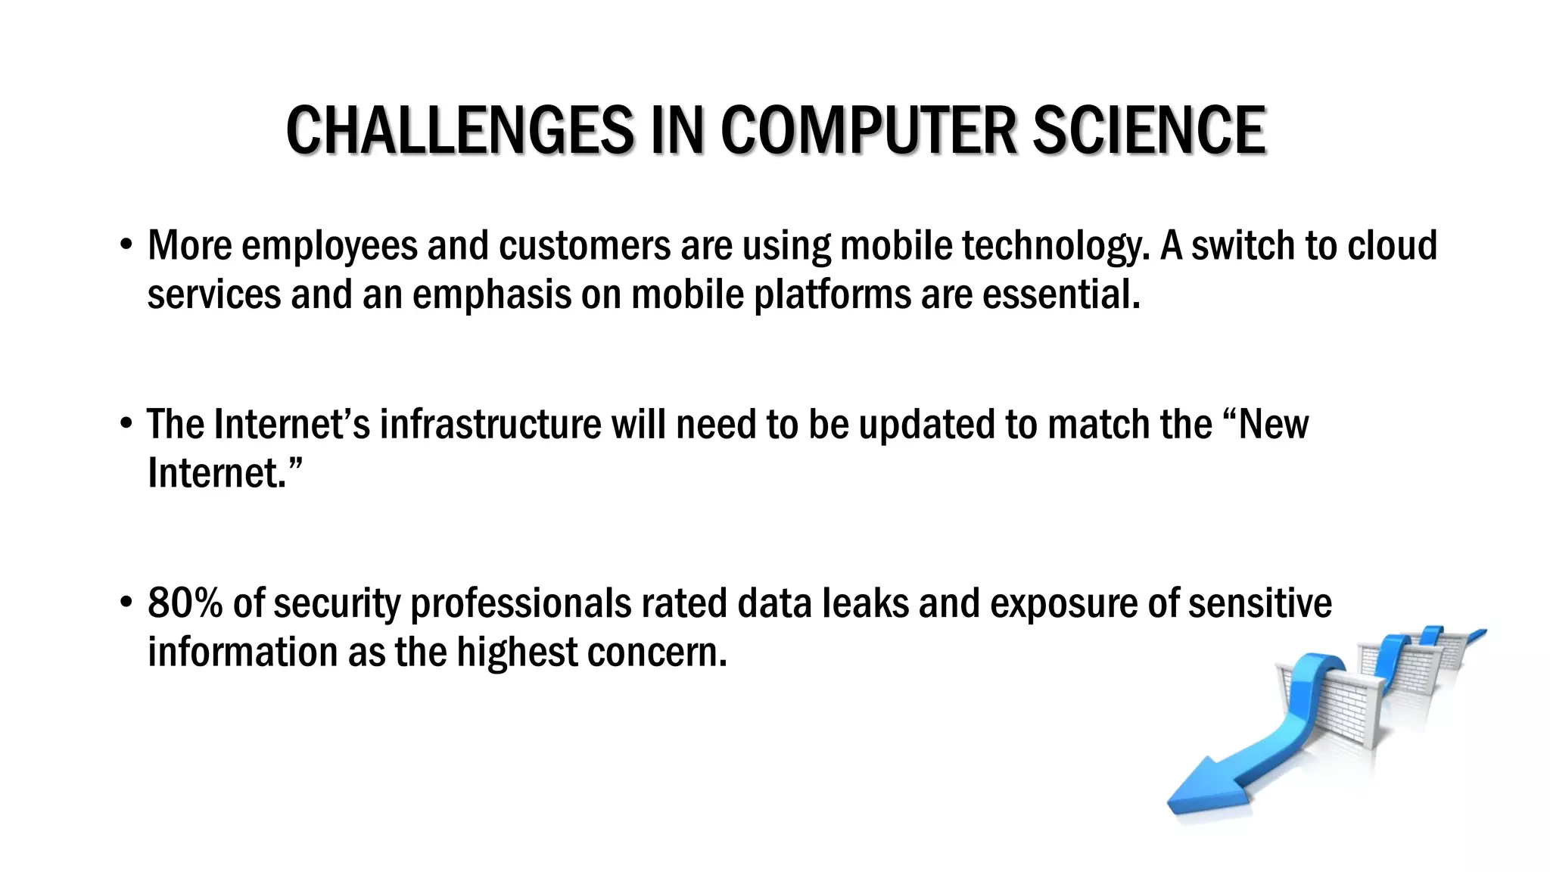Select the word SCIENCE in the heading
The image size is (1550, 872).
tap(1149, 131)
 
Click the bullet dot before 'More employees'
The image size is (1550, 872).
tap(126, 246)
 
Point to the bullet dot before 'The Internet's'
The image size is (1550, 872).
tap(126, 425)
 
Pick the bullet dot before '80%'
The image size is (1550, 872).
tap(126, 604)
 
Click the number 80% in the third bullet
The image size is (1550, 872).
tap(185, 604)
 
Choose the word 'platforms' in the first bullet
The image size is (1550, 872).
tap(833, 294)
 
